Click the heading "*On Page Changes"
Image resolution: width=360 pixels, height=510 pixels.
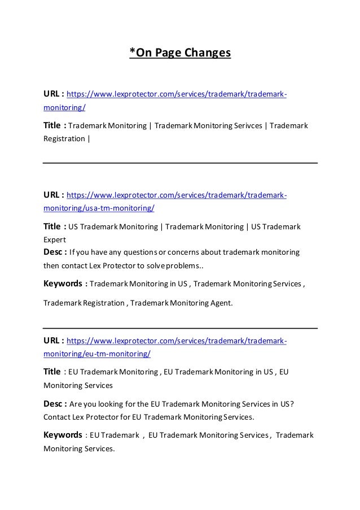(180, 54)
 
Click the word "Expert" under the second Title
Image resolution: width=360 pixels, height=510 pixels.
(55, 239)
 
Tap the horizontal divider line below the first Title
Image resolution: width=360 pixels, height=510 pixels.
(180, 163)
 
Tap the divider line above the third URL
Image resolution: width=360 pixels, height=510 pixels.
(180, 328)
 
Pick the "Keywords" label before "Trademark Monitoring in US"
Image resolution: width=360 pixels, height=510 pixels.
(63, 284)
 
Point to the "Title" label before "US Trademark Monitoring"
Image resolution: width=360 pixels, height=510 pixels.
(52, 227)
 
